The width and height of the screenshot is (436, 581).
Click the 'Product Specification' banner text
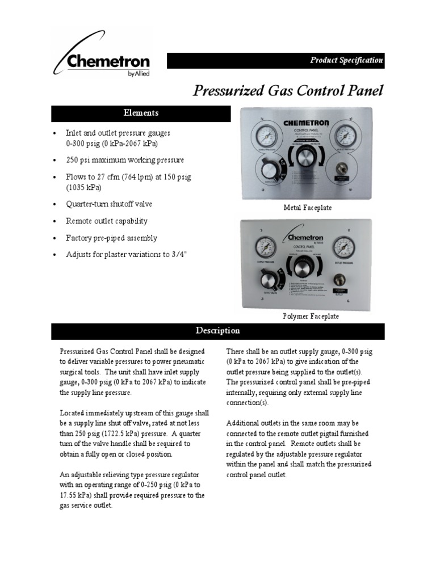(346, 61)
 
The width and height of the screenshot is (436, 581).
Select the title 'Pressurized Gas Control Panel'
(288, 91)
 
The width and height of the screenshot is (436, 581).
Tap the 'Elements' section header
(141, 113)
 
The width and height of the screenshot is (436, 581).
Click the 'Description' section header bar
(218, 331)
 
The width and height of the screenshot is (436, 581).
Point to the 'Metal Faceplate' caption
(307, 208)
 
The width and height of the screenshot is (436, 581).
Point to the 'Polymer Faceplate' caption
(310, 316)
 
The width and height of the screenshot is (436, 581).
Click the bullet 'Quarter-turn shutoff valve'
(109, 204)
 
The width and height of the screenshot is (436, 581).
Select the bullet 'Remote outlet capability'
(107, 221)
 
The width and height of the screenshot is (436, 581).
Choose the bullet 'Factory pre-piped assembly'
(112, 238)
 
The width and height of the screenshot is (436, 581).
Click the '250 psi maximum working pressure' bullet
(125, 161)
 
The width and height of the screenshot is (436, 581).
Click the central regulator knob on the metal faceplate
(307, 158)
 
